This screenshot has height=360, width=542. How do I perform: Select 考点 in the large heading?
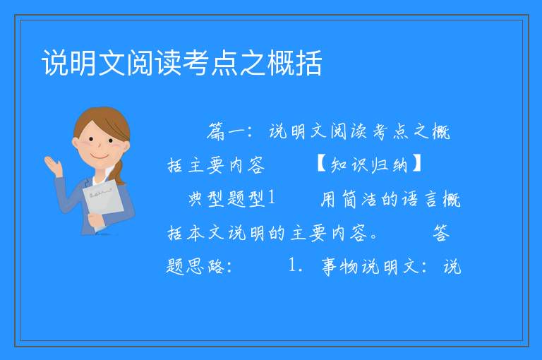(210, 63)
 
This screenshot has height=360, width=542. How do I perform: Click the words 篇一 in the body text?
(227, 132)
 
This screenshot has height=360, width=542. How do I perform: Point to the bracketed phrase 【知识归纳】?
(368, 164)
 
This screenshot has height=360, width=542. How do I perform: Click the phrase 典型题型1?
(231, 198)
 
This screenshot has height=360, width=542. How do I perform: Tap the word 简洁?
(359, 199)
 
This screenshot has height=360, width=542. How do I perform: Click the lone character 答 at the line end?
(441, 232)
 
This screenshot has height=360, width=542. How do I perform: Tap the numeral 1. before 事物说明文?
(296, 265)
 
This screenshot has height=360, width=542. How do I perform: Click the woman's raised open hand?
(54, 166)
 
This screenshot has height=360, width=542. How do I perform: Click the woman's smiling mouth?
(100, 156)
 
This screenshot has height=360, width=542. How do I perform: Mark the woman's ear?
(75, 143)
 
